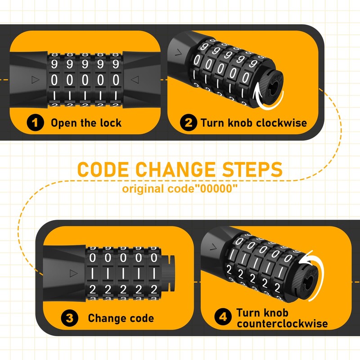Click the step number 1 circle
(36, 123)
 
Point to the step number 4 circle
(222, 318)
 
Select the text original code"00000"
(180, 189)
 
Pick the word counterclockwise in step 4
(282, 324)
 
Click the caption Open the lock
(86, 123)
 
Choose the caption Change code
(121, 318)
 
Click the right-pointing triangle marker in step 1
(34, 80)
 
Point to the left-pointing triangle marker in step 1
(134, 80)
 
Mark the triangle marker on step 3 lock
(71, 273)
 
